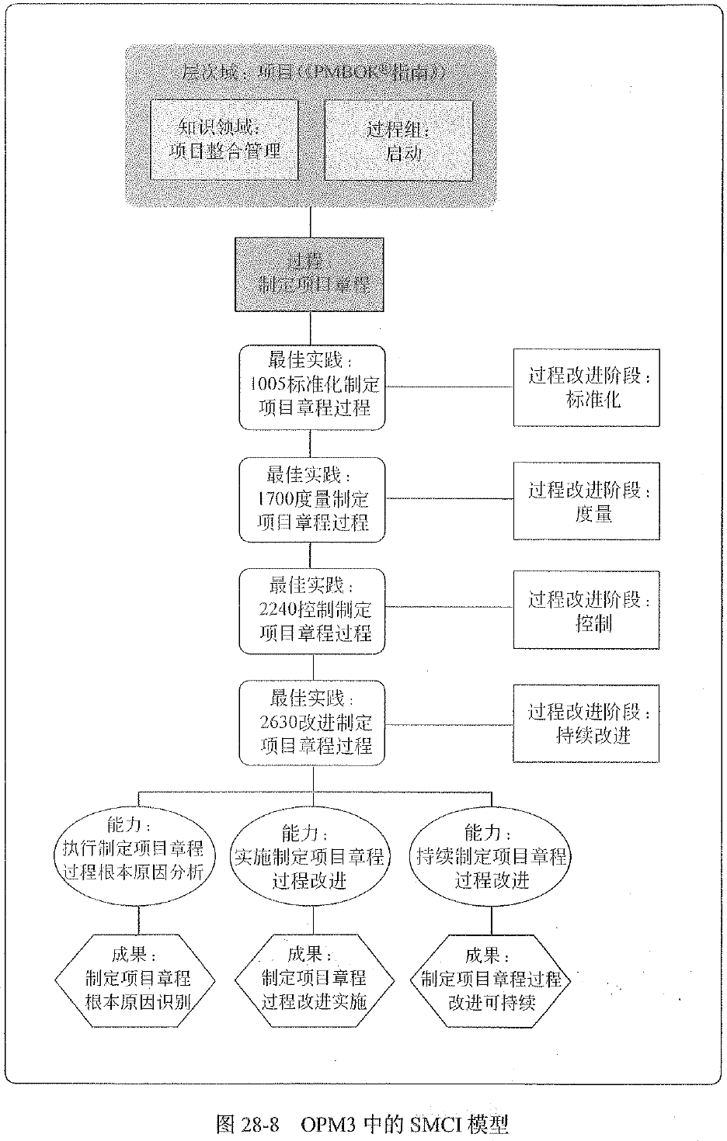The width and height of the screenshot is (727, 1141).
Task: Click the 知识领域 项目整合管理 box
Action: click(x=224, y=140)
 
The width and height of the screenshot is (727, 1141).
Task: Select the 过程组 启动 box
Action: click(x=398, y=140)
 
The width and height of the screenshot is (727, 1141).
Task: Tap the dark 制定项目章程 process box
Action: click(x=311, y=274)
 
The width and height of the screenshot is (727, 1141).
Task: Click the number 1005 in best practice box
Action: click(x=270, y=384)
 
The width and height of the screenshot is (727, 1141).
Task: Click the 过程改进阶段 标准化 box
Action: click(x=586, y=387)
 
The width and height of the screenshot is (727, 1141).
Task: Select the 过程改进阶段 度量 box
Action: click(x=586, y=501)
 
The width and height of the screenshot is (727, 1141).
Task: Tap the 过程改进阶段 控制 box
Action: click(x=586, y=610)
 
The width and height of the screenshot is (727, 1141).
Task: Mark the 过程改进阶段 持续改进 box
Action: click(x=586, y=723)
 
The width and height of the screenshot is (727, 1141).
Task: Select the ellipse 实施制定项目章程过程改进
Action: click(x=309, y=859)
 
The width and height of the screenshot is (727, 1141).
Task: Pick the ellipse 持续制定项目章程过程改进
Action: click(x=491, y=859)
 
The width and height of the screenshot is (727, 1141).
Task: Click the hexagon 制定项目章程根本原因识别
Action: click(x=138, y=980)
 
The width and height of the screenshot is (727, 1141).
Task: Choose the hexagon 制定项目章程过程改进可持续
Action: click(x=491, y=980)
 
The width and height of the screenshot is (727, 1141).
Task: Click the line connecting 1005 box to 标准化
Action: click(x=449, y=386)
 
